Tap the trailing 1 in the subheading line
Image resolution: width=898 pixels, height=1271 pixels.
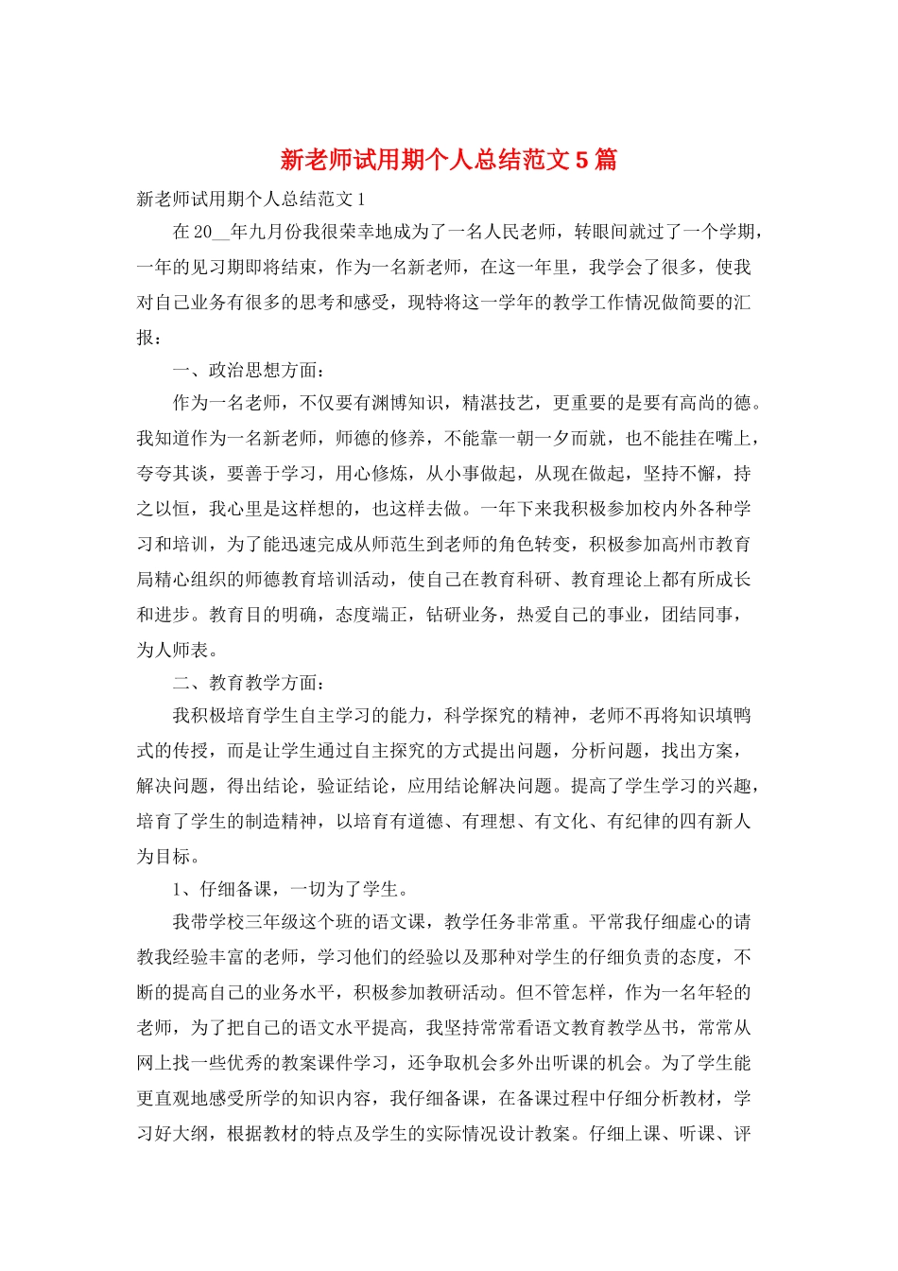click(x=361, y=199)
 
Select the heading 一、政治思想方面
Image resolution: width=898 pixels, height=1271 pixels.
click(x=246, y=370)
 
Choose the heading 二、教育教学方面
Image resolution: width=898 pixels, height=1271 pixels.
click(x=246, y=683)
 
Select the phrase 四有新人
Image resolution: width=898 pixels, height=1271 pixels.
click(x=716, y=821)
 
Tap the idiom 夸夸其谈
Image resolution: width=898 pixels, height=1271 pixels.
click(x=173, y=474)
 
